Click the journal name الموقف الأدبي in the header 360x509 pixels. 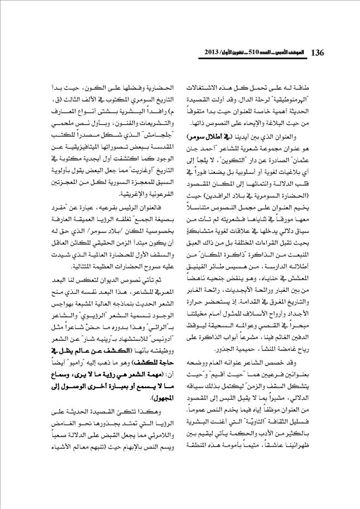click(283, 53)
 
